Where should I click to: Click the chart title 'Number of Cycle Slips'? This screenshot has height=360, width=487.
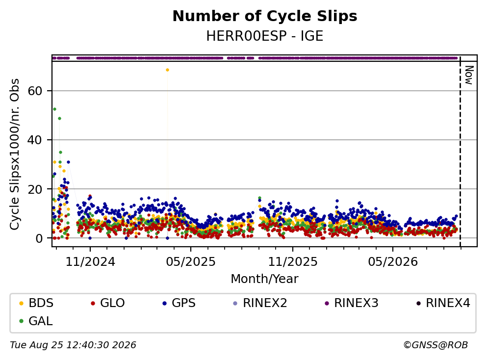265,16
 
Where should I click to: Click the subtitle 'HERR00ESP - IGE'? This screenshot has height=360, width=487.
265,36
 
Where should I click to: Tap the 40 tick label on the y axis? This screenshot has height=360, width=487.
35,140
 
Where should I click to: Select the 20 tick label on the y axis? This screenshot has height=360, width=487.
35,189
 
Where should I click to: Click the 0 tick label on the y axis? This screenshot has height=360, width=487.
39,238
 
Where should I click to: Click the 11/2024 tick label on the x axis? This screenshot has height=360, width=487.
90,262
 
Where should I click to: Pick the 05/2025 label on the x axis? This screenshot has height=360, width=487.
191,262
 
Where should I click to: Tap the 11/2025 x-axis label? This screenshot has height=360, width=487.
293,262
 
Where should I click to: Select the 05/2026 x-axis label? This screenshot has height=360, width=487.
393,262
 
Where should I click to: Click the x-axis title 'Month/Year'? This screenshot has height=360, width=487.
265,279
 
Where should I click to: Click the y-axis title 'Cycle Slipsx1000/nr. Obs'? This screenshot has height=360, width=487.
14,154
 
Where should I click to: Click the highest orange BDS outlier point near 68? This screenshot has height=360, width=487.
167,70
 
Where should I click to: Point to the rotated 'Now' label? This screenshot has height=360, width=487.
469,75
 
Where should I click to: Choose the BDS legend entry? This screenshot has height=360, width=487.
36,303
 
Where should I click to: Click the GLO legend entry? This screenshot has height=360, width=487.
108,303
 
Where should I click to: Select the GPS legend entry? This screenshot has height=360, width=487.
179,303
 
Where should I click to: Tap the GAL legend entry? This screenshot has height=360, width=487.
36,321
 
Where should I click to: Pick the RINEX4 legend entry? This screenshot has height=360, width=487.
443,303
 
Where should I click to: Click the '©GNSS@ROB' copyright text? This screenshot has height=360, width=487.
436,345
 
